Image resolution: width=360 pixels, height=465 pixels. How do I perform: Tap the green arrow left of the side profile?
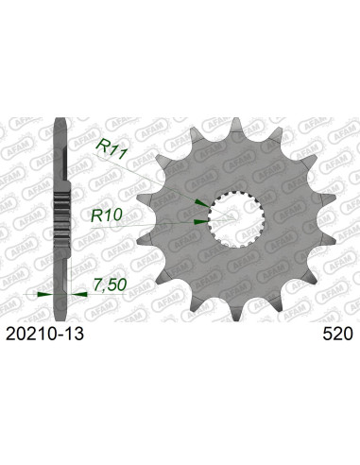tap(43, 293)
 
